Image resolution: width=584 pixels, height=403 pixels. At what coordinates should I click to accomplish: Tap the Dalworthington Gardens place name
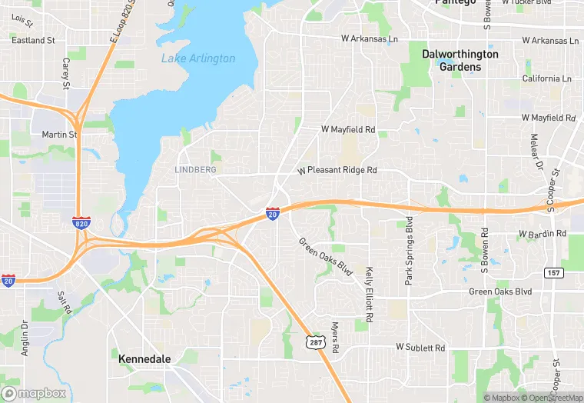(460, 60)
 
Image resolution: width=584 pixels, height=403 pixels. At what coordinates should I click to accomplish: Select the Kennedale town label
(144, 358)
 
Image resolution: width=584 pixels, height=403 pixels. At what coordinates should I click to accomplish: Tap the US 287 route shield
(314, 341)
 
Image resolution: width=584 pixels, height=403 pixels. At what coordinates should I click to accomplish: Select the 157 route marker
(553, 273)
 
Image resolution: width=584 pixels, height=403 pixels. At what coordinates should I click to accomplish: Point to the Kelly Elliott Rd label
(370, 294)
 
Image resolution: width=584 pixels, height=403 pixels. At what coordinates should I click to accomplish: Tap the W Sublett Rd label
(420, 348)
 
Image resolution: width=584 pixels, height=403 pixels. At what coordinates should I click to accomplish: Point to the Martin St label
(59, 135)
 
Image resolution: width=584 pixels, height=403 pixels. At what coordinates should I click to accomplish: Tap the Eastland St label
(33, 40)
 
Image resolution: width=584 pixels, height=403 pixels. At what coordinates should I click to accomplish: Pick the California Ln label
(547, 78)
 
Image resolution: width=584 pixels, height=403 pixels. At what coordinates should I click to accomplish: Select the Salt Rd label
(65, 302)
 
